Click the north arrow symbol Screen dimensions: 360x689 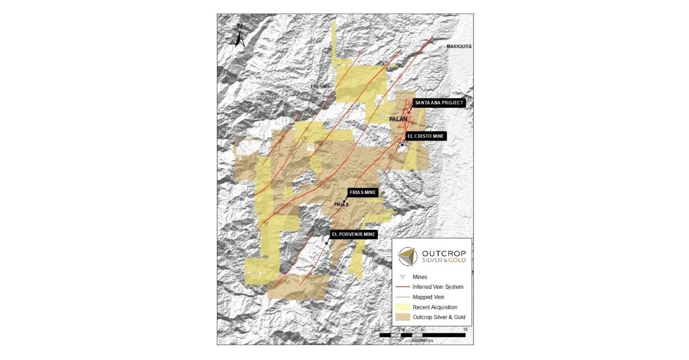click(x=240, y=36)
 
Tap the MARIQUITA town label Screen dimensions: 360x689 click(x=459, y=46)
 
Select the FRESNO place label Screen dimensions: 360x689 click(x=321, y=87)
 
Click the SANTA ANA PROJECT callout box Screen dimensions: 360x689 click(x=439, y=103)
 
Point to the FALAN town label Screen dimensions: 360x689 click(x=398, y=120)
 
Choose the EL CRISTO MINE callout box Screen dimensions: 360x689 click(x=425, y=136)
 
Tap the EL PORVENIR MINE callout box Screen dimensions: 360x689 click(x=353, y=234)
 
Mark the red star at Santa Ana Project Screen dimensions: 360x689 click(x=409, y=113)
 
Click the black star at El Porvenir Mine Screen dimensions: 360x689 click(x=326, y=243)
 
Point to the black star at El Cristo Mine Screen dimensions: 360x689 click(x=402, y=145)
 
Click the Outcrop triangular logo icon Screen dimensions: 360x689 click(x=407, y=257)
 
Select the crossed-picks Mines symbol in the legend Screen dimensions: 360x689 click(x=403, y=277)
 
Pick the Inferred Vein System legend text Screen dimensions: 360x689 click(x=438, y=287)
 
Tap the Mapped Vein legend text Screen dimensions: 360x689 click(x=428, y=297)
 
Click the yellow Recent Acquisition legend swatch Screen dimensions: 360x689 click(x=403, y=307)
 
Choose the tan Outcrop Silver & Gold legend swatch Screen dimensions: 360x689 click(x=403, y=317)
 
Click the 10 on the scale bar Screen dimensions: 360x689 click(x=464, y=329)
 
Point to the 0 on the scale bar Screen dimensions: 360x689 click(x=379, y=329)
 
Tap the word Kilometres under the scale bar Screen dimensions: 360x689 click(x=422, y=340)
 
